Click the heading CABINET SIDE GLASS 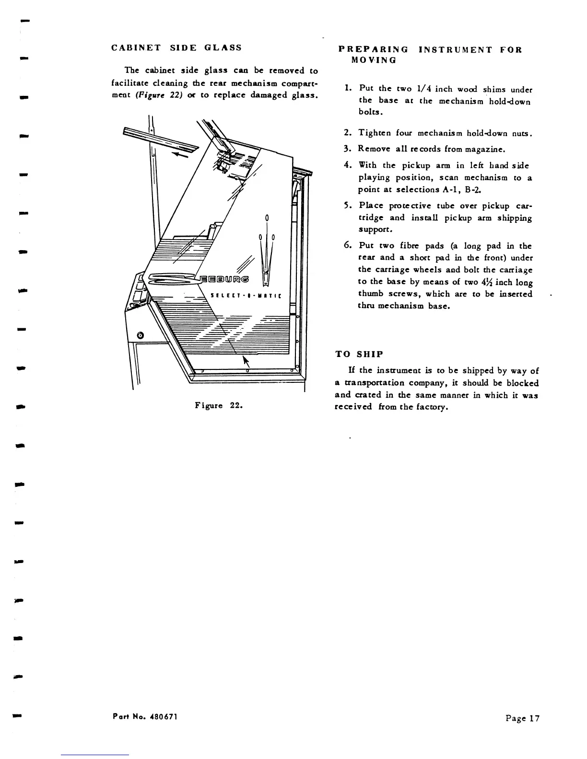point(176,48)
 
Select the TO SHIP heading point(359,354)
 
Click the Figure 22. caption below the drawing point(219,405)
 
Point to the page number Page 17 point(522,718)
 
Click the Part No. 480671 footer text point(145,716)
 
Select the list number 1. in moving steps point(349,89)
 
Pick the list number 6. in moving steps point(349,246)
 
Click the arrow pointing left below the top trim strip point(180,155)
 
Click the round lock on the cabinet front point(140,335)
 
